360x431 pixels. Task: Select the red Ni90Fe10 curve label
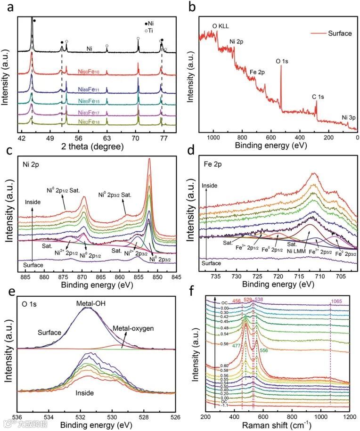(x=90, y=72)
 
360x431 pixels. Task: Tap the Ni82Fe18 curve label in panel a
(x=89, y=122)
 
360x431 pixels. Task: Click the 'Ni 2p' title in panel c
(x=33, y=165)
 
